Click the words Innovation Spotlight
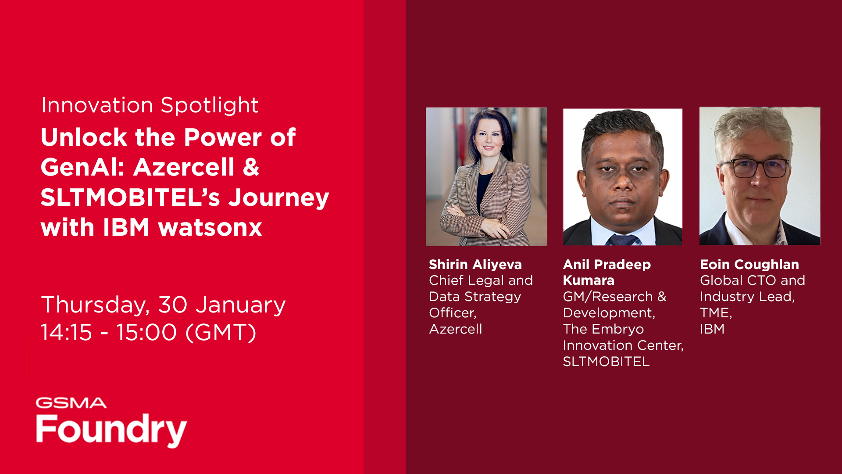tap(150, 105)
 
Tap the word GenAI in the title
tap(82, 167)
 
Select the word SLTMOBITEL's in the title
tap(130, 197)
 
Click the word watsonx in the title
tap(210, 227)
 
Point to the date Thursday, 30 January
tap(163, 305)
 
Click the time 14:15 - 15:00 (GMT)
tap(148, 332)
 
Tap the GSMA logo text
tap(71, 403)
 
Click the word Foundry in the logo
tap(111, 430)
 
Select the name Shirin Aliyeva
tap(475, 264)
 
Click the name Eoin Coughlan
tap(749, 264)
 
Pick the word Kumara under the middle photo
tap(588, 280)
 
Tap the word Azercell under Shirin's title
tap(455, 329)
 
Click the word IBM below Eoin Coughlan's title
tap(712, 329)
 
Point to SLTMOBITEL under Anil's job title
tap(606, 362)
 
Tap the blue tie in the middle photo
tap(622, 240)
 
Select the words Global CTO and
tap(752, 280)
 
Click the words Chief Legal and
tap(481, 280)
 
